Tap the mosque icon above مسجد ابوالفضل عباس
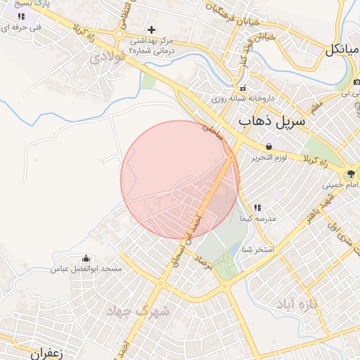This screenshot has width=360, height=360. click(86, 259)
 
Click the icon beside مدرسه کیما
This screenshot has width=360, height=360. click(257, 208)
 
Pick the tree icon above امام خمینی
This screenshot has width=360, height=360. click(349, 174)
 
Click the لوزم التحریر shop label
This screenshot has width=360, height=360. click(269, 157)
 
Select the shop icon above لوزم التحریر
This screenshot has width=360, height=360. click(269, 147)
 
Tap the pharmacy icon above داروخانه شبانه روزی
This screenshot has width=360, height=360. click(243, 89)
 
